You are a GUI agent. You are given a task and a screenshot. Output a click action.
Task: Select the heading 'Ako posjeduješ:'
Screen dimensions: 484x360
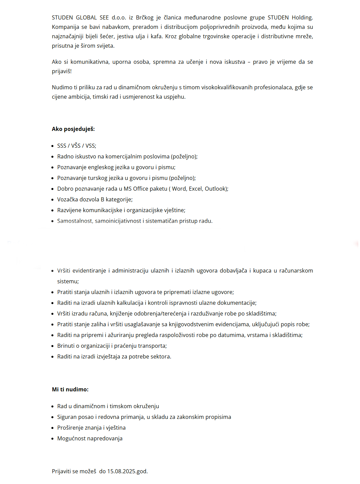[73, 129]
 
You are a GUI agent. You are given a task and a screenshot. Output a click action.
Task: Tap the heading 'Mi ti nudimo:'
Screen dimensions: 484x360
[70, 389]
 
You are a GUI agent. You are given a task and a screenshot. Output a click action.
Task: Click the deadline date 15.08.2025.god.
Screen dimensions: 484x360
[127, 471]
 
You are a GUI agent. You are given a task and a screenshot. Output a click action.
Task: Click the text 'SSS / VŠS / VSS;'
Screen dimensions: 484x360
[77, 146]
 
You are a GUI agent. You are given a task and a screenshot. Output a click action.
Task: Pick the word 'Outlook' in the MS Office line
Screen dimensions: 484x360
[215, 189]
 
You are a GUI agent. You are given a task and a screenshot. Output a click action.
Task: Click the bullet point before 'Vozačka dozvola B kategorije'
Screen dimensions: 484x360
[53, 200]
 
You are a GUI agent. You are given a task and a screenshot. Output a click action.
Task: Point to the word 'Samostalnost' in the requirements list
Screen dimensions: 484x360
[75, 221]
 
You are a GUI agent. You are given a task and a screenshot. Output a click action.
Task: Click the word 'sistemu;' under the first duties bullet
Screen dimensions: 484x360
[68, 281]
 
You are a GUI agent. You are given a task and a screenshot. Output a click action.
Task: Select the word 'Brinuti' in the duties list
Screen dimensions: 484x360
[66, 346]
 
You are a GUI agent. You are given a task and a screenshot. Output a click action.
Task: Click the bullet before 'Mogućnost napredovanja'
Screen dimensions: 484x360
[53, 439]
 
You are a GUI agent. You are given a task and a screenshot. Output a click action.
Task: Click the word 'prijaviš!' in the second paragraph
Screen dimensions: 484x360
[62, 71]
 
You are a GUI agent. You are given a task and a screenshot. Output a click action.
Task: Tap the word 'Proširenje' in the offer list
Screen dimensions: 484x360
[70, 428]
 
